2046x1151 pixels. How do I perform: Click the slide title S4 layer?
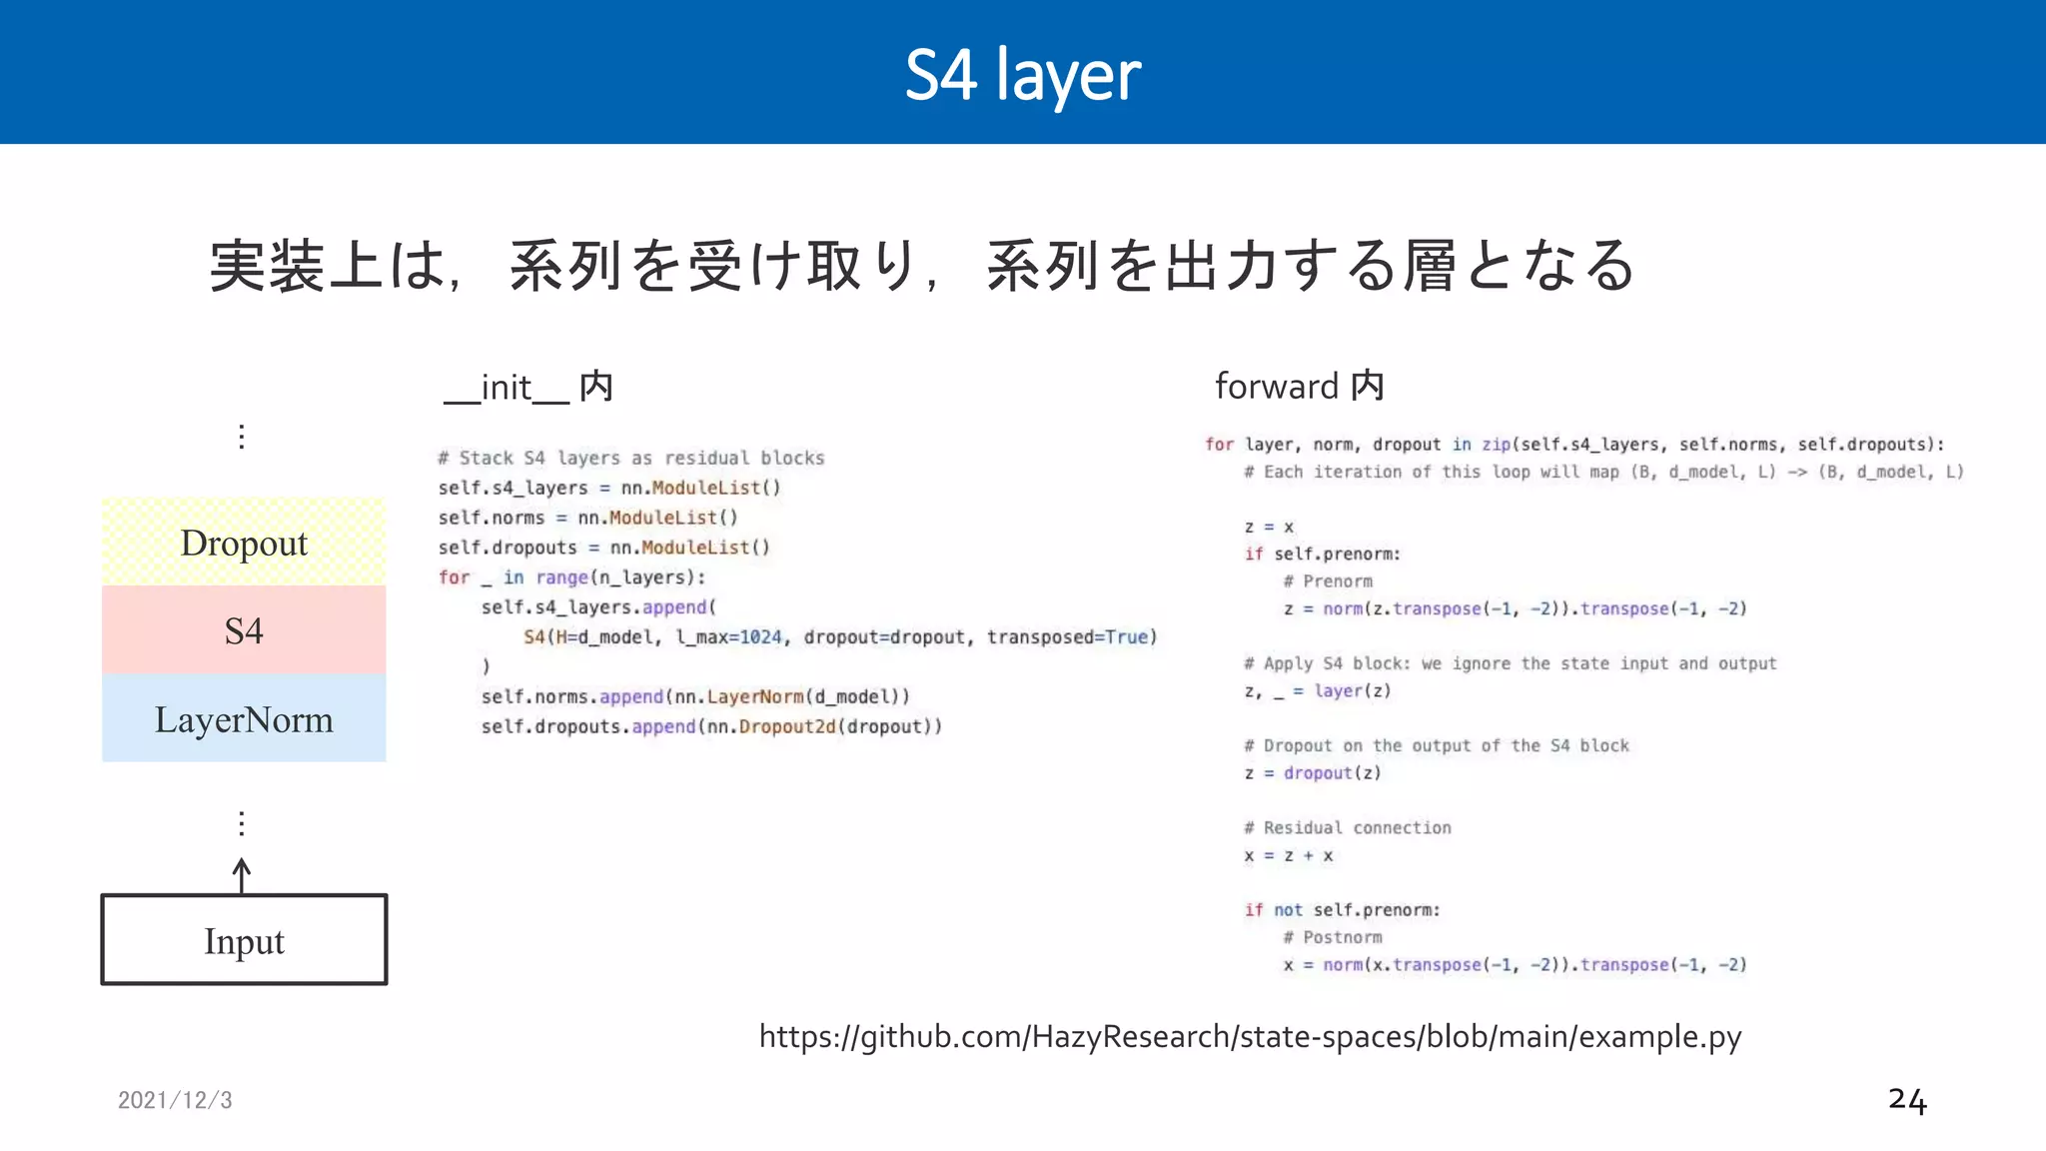[x=1022, y=75]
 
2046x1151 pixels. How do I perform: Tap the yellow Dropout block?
[x=244, y=543]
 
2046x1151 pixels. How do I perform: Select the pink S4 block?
[x=244, y=630]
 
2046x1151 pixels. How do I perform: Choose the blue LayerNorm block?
[x=244, y=719]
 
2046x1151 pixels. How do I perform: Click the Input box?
[x=244, y=940]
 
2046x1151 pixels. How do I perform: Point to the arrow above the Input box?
[x=242, y=875]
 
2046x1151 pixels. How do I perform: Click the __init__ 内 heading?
[x=527, y=388]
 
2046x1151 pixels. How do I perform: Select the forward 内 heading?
[x=1299, y=387]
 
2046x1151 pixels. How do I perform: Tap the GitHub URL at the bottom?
[x=1250, y=1037]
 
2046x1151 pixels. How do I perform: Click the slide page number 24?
[x=1906, y=1100]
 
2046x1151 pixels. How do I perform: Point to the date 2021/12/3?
[x=175, y=1100]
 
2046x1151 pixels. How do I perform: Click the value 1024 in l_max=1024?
[x=760, y=637]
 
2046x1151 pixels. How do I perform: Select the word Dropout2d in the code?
[x=786, y=726]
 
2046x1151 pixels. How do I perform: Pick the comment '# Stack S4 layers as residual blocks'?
[x=631, y=459]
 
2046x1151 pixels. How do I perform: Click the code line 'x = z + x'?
[x=1288, y=856]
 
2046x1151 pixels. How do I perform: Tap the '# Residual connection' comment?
[x=1347, y=828]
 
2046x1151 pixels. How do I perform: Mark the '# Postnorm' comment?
[x=1333, y=937]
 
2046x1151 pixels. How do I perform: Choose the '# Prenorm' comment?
[x=1328, y=581]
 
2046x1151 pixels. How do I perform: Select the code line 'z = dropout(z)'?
[x=1313, y=773]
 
